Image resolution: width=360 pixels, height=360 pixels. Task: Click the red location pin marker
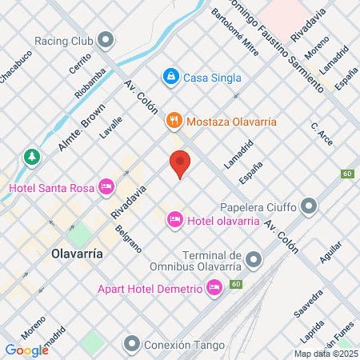180,163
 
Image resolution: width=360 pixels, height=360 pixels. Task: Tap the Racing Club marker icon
106,40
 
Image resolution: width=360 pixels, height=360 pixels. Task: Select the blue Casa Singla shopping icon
170,77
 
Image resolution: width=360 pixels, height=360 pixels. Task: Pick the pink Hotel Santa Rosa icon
106,187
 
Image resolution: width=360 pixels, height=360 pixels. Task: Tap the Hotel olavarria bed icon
174,219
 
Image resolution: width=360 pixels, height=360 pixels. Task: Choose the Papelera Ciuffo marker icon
310,208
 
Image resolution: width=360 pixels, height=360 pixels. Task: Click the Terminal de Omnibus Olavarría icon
254,260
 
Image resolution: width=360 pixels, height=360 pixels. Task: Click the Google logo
26,350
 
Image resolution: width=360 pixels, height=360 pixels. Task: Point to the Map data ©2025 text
325,353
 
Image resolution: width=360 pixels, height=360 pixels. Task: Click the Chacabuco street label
15,65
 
